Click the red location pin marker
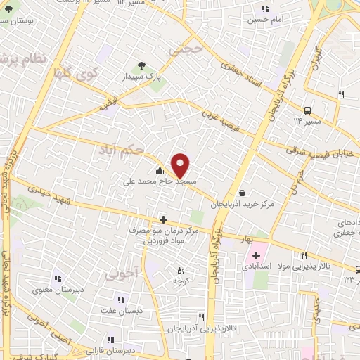click(x=181, y=165)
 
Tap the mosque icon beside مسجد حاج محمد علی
click(x=160, y=170)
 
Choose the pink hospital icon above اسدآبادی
click(x=256, y=255)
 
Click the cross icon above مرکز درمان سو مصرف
click(x=163, y=220)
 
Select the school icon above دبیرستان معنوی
click(x=57, y=278)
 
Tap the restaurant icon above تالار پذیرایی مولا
click(x=304, y=255)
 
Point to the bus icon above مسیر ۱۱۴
click(x=308, y=110)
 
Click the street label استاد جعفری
click(x=242, y=75)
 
